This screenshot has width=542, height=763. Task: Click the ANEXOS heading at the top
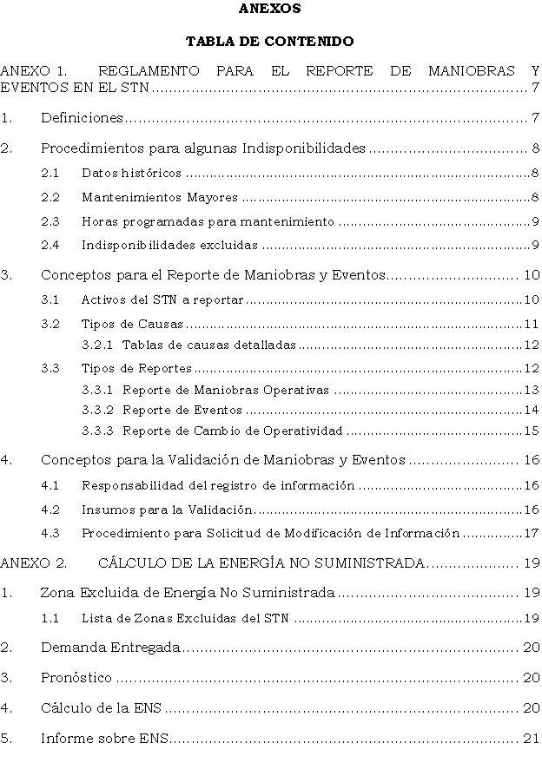270,9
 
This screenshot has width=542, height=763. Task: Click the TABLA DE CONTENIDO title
270,41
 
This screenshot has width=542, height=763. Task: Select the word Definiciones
82,117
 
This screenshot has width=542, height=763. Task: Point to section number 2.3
50,221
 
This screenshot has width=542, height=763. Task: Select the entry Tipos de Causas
132,325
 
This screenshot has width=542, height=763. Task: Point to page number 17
532,533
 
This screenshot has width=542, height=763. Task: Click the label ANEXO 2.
34,563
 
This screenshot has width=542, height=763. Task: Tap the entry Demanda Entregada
110,647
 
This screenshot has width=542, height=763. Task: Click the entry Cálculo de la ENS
102,708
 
